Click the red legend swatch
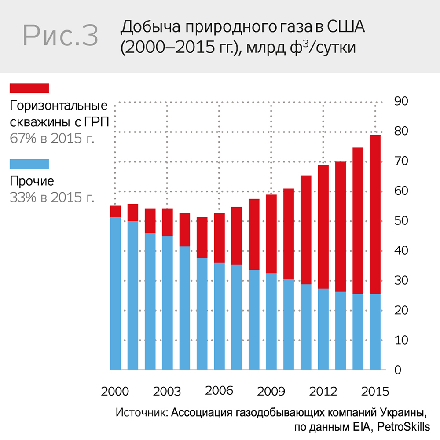tap(29, 88)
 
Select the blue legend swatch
tap(29, 164)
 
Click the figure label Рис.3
tap(60, 35)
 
